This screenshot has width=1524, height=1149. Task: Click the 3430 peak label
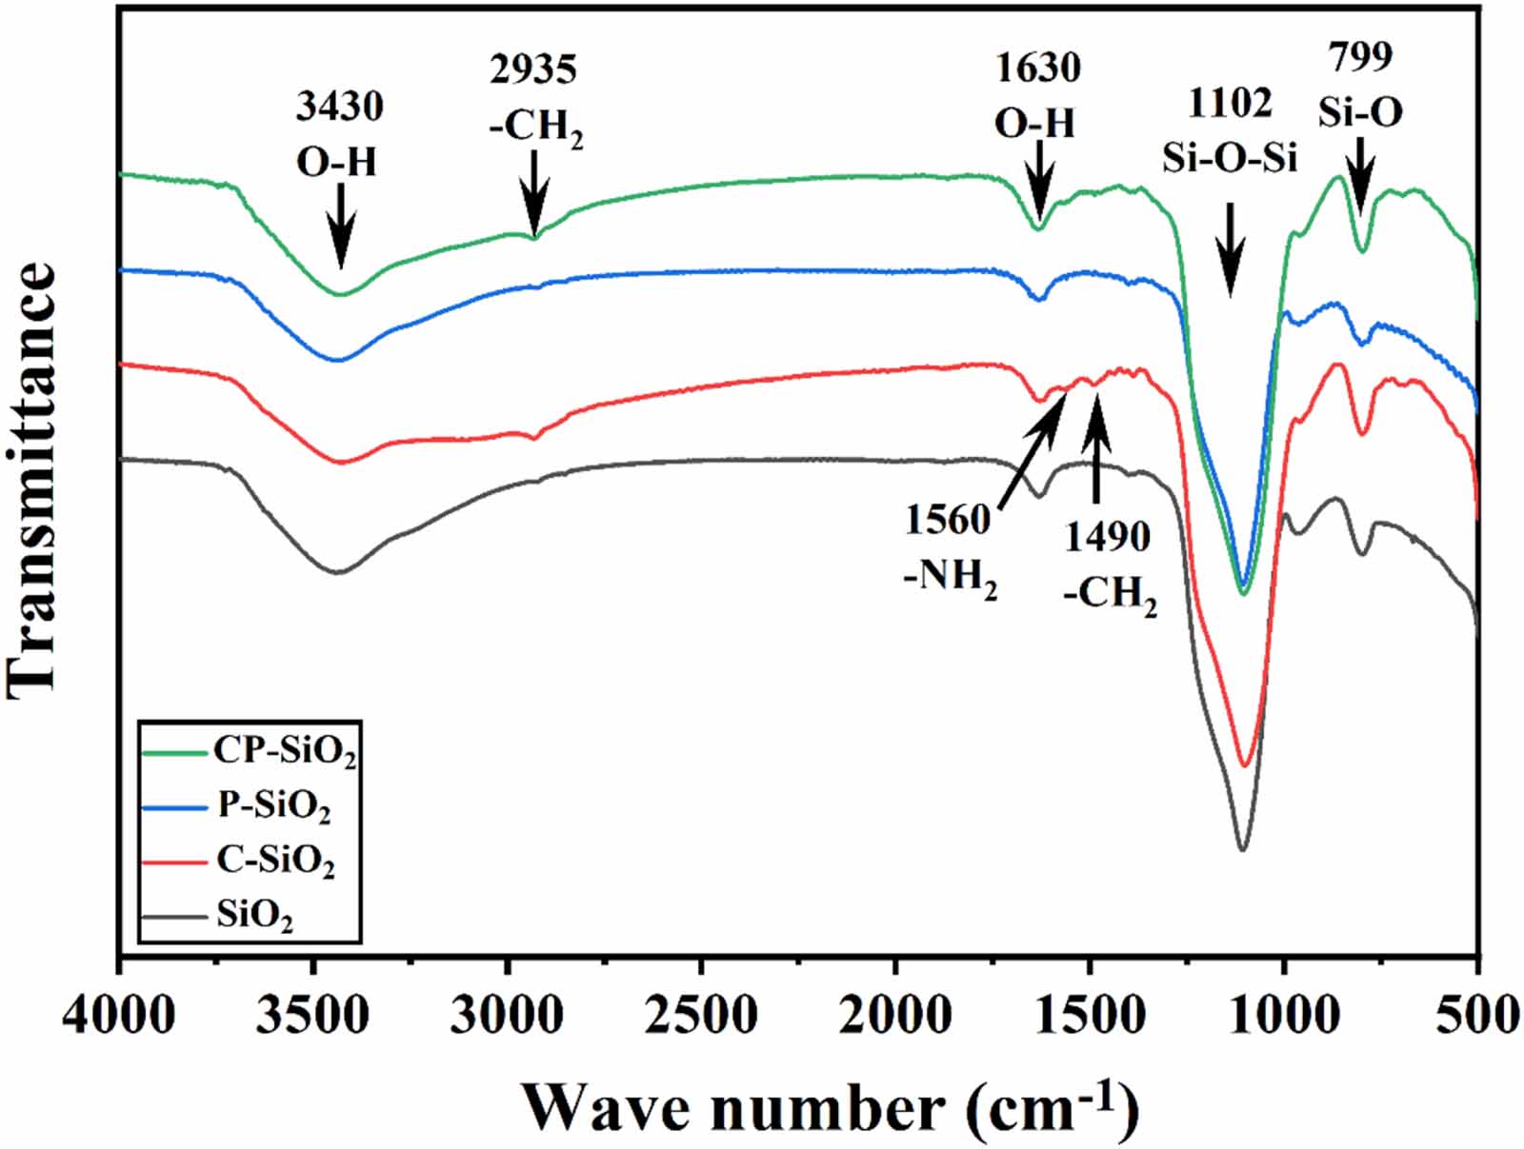click(339, 107)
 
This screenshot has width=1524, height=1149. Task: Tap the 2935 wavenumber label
click(533, 69)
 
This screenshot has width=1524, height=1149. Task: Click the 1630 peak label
click(1038, 69)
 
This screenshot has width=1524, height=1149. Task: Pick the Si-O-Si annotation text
click(1230, 158)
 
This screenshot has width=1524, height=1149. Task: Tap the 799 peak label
click(1361, 57)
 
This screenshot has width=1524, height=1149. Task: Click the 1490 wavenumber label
click(1107, 538)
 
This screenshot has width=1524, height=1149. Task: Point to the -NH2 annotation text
click(950, 579)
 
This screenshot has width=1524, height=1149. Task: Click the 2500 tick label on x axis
click(701, 1015)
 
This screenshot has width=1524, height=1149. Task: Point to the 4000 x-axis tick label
click(118, 1015)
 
